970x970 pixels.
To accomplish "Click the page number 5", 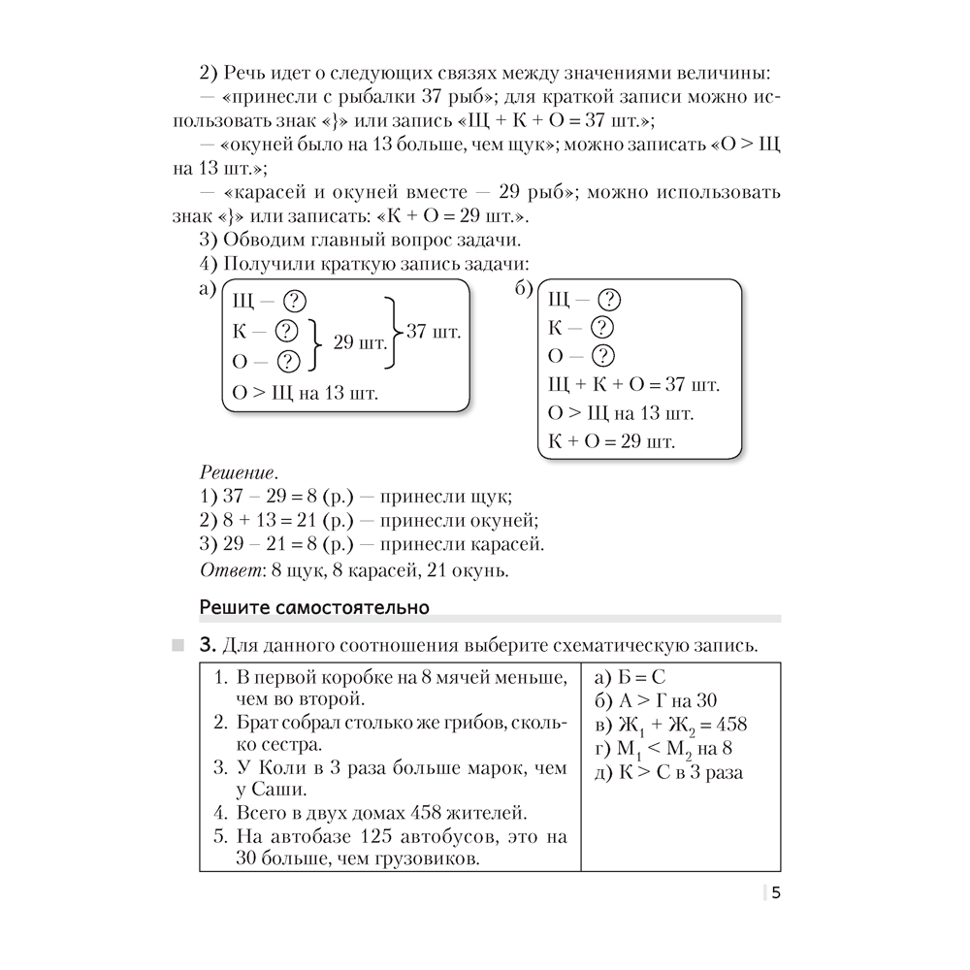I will click(x=776, y=894).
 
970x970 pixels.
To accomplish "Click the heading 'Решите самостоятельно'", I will click(x=313, y=608).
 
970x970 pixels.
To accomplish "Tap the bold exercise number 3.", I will click(x=206, y=646).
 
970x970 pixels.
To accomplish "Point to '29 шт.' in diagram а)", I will click(x=360, y=342).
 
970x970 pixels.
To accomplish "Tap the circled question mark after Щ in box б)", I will click(x=609, y=300).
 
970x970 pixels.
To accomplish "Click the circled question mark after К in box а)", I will click(x=287, y=331).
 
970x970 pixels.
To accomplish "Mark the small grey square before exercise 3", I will click(x=176, y=646).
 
